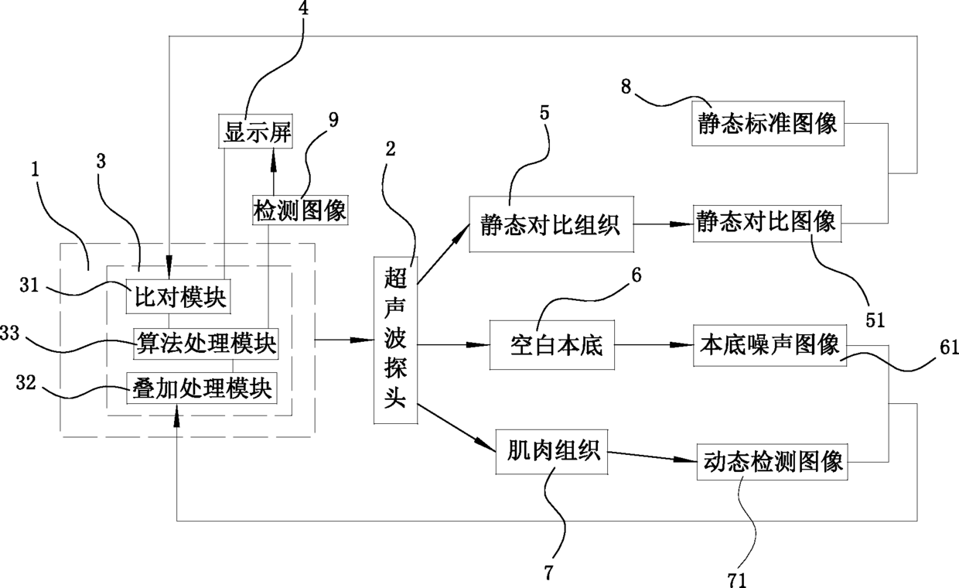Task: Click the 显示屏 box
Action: (x=255, y=131)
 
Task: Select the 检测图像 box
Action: (x=300, y=210)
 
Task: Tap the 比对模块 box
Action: (x=178, y=297)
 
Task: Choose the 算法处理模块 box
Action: (x=206, y=344)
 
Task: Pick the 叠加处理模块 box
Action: (x=202, y=388)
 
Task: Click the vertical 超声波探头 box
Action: (x=396, y=340)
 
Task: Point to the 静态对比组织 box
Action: (x=551, y=224)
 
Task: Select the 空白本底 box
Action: (x=552, y=345)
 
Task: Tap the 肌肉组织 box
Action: (x=552, y=452)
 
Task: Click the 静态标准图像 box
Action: (x=768, y=123)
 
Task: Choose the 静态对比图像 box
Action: (x=767, y=224)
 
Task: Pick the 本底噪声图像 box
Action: (x=770, y=346)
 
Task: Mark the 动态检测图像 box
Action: (x=773, y=462)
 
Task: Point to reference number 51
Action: (x=875, y=320)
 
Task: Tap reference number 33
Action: (x=9, y=333)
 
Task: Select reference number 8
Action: (x=626, y=87)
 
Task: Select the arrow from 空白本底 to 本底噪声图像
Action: (x=654, y=345)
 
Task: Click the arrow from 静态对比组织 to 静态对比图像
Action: (x=664, y=224)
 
